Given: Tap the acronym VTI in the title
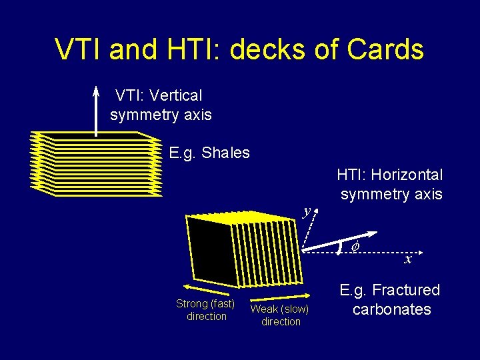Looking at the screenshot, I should pyautogui.click(x=79, y=49).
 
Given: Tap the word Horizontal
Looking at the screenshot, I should pyautogui.click(x=407, y=175).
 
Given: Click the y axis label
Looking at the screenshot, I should pyautogui.click(x=307, y=211).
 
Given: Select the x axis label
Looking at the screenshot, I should pyautogui.click(x=408, y=259).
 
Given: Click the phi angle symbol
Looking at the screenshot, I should pyautogui.click(x=355, y=246).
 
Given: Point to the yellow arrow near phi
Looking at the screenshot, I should pyautogui.click(x=340, y=241).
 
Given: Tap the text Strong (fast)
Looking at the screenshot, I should pyautogui.click(x=205, y=304).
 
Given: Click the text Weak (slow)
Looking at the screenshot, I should pyautogui.click(x=280, y=309).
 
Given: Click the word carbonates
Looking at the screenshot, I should pyautogui.click(x=391, y=309).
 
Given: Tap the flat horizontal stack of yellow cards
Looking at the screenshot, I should pyautogui.click(x=97, y=163).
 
